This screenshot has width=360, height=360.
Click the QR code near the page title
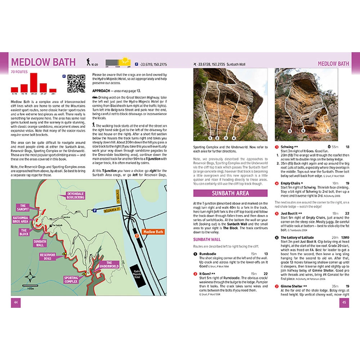pyautogui.click(x=76, y=83)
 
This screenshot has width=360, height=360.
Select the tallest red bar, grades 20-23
pyautogui.click(x=34, y=82)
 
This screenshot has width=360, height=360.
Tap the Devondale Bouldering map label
pyautogui.click(x=76, y=195)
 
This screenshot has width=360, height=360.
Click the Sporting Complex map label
pyautogui.click(x=71, y=280)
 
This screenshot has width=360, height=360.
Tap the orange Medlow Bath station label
pyautogui.click(x=153, y=232)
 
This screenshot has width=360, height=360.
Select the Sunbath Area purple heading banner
pyautogui.click(x=230, y=193)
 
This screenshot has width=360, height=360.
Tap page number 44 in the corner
pyautogui.click(x=15, y=302)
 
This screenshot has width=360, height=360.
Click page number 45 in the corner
pyautogui.click(x=344, y=302)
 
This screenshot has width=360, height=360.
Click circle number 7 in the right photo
pyautogui.click(x=327, y=131)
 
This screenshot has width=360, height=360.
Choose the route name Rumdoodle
pyautogui.click(x=208, y=254)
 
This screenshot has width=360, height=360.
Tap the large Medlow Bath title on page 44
pyautogui.click(x=44, y=62)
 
